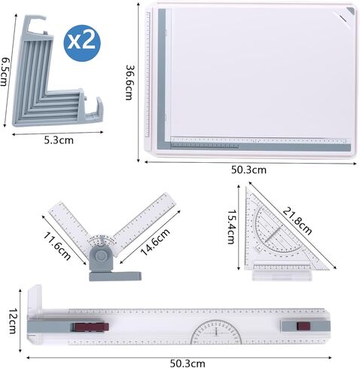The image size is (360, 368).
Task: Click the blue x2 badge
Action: pyautogui.click(x=82, y=43)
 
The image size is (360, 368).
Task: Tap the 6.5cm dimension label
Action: pyautogui.click(x=4, y=72)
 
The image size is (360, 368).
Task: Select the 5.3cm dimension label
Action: pyautogui.click(x=59, y=140)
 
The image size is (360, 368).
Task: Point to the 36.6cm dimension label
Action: pyautogui.click(x=129, y=83)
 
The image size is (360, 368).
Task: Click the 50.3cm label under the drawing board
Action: pyautogui.click(x=249, y=170)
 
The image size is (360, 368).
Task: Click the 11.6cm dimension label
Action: pyautogui.click(x=57, y=246)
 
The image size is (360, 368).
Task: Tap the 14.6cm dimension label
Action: pyautogui.click(x=155, y=242)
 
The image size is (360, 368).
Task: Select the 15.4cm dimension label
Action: pyautogui.click(x=231, y=227)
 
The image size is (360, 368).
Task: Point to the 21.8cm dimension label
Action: pyautogui.click(x=297, y=221)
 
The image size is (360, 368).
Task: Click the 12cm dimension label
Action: pyautogui.click(x=13, y=321)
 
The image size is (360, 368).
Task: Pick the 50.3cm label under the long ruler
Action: pyautogui.click(x=188, y=363)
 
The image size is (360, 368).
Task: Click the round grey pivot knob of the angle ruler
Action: pyautogui.click(x=101, y=256)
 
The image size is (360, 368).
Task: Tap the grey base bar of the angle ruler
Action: pyautogui.click(x=115, y=276)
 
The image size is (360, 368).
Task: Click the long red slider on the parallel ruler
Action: pyautogui.click(x=91, y=327)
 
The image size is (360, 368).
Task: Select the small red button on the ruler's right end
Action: pyautogui.click(x=304, y=326)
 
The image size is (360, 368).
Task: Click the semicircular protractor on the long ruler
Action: pyautogui.click(x=216, y=332)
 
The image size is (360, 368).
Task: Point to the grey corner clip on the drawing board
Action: pyautogui.click(x=351, y=11)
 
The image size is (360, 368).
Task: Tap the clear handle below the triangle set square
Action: pyautogui.click(x=282, y=275)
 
